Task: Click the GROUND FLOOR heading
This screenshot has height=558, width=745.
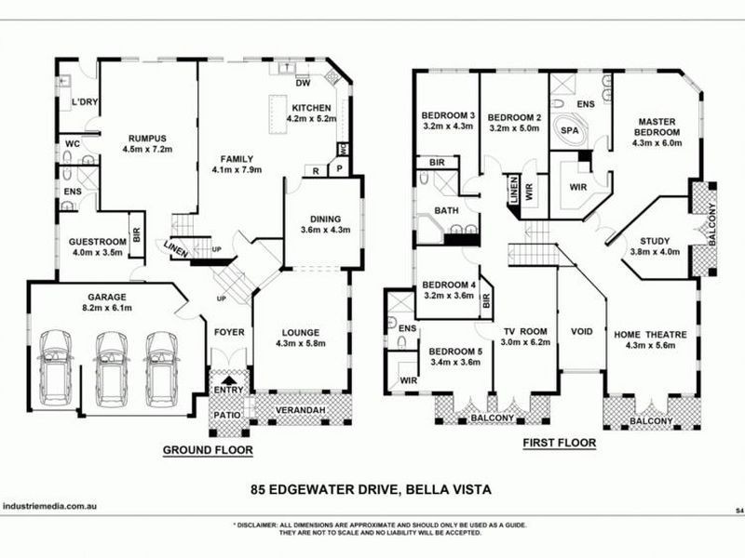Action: [208, 450]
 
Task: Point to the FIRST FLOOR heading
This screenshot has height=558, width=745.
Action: [558, 444]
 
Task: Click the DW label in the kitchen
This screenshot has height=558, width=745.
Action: [302, 83]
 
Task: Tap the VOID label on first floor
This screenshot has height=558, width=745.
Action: [582, 331]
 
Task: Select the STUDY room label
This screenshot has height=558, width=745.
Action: [657, 239]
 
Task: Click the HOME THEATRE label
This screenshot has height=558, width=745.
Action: [652, 335]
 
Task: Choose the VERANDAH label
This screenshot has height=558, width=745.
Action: [302, 407]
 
